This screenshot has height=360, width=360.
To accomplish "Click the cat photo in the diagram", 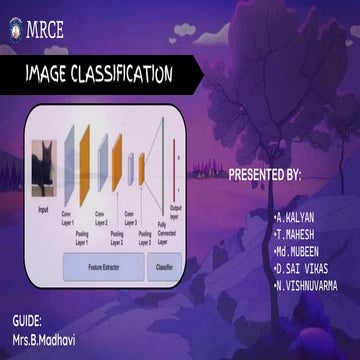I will pyautogui.click(x=43, y=168).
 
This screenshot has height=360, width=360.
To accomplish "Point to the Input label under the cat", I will pyautogui.click(x=43, y=210).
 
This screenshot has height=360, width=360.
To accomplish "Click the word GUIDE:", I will pyautogui.click(x=27, y=322).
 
